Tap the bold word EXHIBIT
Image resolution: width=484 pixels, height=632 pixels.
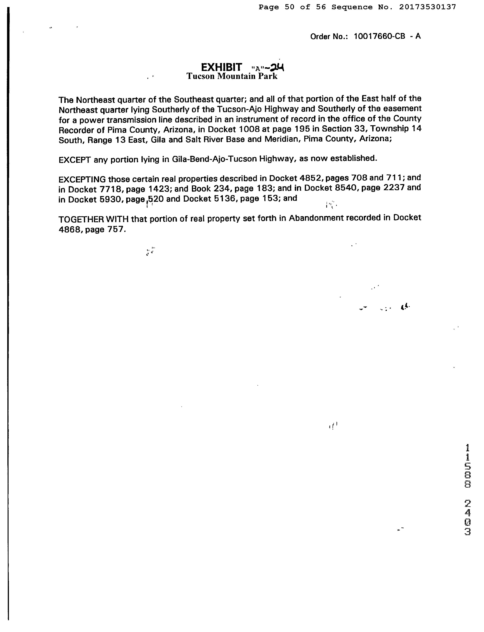221,67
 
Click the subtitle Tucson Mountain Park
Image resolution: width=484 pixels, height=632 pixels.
232,76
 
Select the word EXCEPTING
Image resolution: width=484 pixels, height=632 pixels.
82,180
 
